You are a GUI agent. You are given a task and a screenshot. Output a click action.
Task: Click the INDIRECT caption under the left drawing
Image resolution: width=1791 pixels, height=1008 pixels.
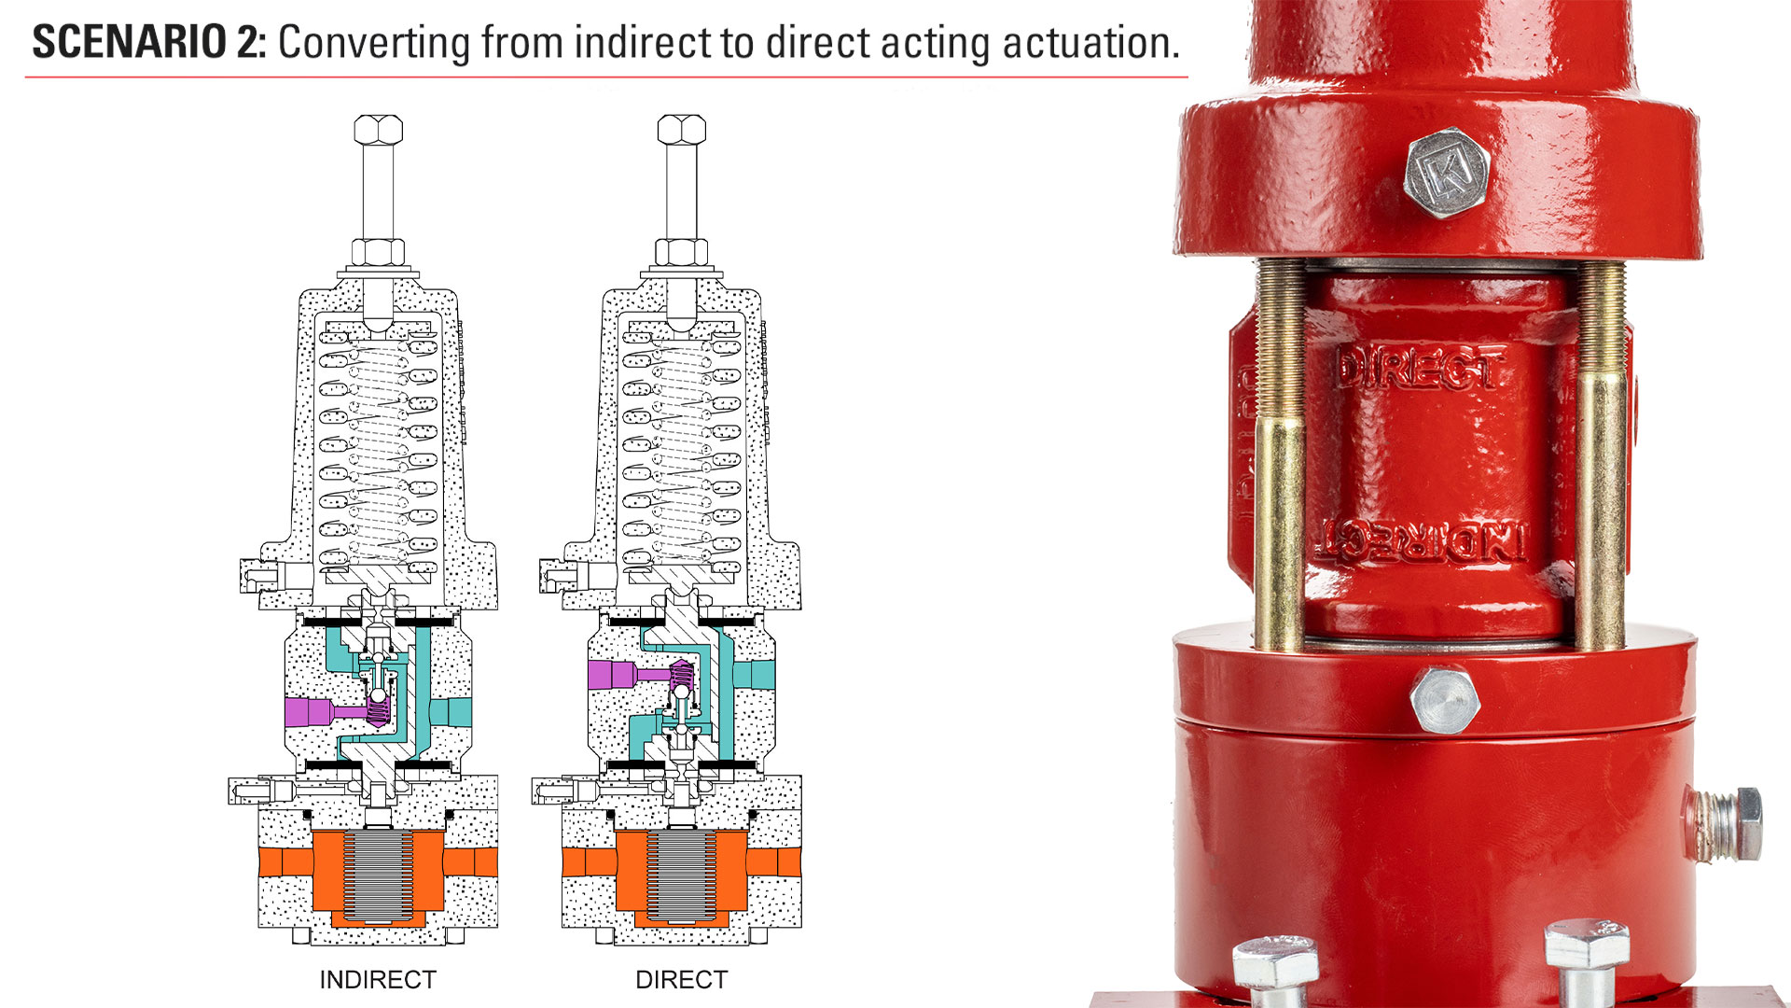378,980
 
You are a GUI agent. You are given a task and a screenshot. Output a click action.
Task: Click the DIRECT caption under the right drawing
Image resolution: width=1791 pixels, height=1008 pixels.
681,980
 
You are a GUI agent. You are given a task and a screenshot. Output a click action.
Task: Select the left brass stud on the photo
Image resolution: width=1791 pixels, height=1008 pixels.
1280,457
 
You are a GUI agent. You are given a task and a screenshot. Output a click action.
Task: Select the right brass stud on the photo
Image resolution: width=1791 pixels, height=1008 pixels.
1601,457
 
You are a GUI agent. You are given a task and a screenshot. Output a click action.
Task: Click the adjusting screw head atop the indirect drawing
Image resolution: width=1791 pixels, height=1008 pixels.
378,130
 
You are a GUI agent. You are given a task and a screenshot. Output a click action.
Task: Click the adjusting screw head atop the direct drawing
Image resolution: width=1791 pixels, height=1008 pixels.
681,130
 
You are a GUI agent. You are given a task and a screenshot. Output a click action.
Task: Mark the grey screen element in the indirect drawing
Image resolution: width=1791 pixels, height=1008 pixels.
378,874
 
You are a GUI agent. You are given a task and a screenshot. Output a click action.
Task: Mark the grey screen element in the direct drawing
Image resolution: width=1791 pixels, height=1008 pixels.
681,874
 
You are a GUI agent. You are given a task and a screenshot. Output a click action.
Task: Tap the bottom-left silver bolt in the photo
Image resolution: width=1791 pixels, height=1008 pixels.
1276,967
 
